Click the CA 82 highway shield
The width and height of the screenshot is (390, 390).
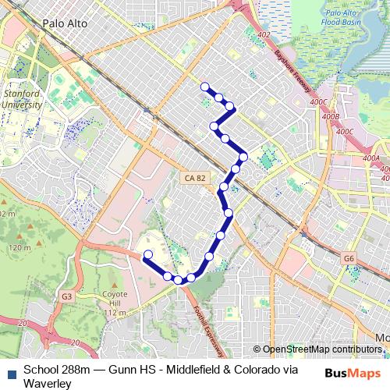tap(196, 178)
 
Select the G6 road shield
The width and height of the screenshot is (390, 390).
tap(348, 257)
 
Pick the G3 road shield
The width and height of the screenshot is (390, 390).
tap(67, 296)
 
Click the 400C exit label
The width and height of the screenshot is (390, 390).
tap(320, 102)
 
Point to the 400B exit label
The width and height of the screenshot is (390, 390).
tap(331, 116)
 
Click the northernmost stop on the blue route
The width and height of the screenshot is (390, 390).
tap(205, 87)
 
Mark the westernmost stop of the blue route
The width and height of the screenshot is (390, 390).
tap(147, 254)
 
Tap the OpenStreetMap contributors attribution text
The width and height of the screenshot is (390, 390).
tap(320, 349)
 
